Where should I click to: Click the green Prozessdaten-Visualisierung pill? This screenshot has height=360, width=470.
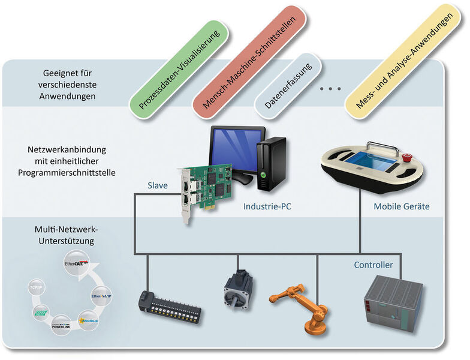pyautogui.click(x=178, y=68)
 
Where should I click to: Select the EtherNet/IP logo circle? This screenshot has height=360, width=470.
pyautogui.click(x=101, y=295)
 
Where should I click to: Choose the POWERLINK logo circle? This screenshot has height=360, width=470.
pyautogui.click(x=62, y=328)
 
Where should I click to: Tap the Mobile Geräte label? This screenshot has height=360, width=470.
pyautogui.click(x=401, y=206)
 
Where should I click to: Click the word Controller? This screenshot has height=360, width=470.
pyautogui.click(x=373, y=264)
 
